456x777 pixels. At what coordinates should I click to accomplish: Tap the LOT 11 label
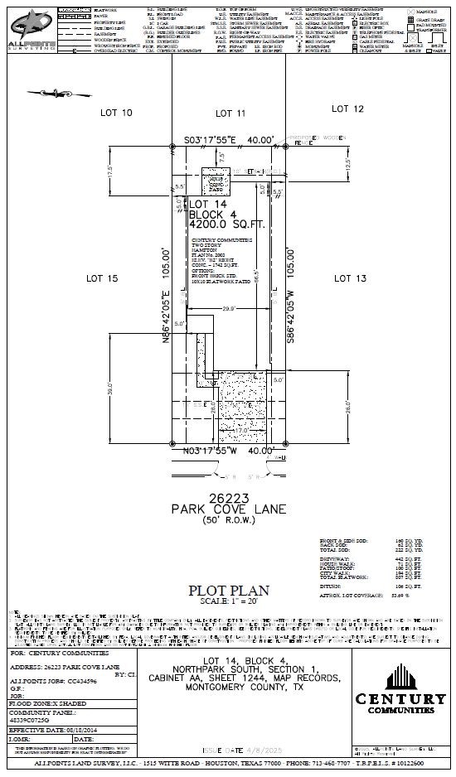pos(230,112)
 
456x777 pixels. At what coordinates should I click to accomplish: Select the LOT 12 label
pos(347,109)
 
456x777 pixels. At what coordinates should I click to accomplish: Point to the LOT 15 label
pos(104,279)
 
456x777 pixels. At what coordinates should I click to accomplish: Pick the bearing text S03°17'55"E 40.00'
pos(229,140)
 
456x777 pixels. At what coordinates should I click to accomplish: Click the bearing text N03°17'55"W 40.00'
pos(229,451)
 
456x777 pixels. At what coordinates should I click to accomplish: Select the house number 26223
pos(229,497)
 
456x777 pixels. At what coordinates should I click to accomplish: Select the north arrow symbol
pos(53,93)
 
